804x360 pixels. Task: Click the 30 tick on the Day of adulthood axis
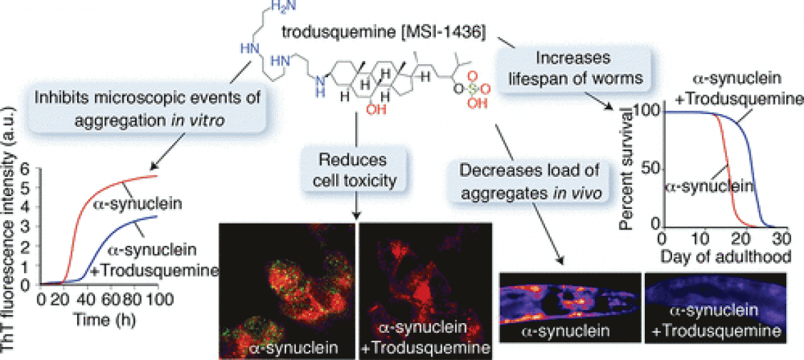(x=781, y=240)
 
